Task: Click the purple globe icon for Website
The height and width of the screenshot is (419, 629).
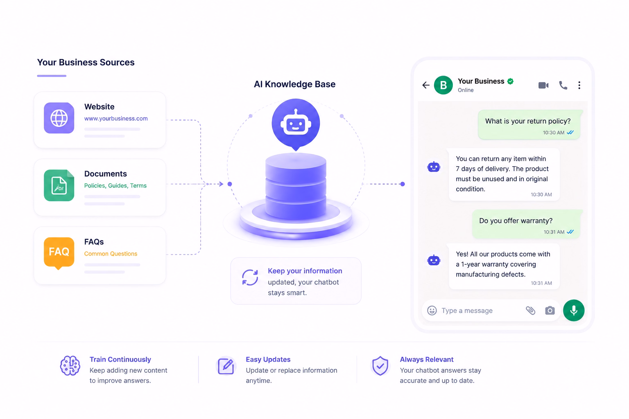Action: coord(59,118)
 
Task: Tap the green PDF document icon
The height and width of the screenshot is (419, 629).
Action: coord(59,185)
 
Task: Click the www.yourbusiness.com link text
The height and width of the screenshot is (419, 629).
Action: coord(116,118)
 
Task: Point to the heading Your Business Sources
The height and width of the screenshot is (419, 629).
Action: coord(86,62)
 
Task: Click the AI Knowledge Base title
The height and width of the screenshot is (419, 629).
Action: coord(294,84)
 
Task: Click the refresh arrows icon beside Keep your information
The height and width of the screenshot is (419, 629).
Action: coord(250,277)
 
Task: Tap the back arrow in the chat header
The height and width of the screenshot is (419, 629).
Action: coord(426,85)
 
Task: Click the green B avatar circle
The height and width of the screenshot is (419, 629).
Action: coord(443,85)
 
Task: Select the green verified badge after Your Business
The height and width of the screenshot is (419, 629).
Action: coord(511,81)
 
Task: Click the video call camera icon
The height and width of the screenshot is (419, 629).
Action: coord(543,86)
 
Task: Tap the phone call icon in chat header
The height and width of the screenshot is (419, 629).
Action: coord(563,86)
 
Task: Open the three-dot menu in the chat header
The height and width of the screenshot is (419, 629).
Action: coord(579,86)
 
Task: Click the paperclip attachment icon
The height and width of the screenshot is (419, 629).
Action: coord(530,311)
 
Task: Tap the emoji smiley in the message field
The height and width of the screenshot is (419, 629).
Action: coord(432,311)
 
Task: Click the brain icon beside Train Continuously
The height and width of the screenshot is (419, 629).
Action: coord(70,366)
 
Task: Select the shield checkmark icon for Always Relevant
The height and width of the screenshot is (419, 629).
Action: coord(380,366)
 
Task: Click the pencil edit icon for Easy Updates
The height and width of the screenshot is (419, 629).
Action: coord(226,366)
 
